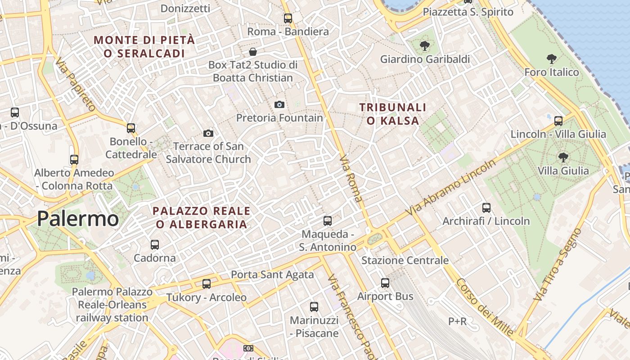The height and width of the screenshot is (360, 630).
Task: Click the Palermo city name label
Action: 78,219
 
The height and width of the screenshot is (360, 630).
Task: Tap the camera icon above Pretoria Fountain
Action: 279,105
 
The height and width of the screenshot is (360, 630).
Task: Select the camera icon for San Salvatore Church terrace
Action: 208,133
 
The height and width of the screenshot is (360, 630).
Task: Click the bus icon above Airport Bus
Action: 385,283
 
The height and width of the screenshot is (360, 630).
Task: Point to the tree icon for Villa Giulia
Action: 563,157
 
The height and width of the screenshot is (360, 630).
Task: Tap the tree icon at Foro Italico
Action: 552,59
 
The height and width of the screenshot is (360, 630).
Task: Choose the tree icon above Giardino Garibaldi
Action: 424,46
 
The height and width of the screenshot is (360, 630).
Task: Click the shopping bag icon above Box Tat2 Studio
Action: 253,52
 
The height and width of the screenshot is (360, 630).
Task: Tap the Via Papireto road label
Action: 76,85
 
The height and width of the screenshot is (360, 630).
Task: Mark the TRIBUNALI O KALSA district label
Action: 392,114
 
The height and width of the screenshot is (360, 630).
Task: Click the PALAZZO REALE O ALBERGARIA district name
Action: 202,217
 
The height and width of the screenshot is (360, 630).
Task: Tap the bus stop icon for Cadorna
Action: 155,245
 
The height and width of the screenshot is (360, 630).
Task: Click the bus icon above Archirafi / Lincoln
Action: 486,208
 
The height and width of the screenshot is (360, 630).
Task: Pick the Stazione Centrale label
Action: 405,261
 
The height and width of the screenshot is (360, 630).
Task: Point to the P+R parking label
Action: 457,321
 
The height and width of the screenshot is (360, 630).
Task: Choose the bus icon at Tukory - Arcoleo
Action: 207,284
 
